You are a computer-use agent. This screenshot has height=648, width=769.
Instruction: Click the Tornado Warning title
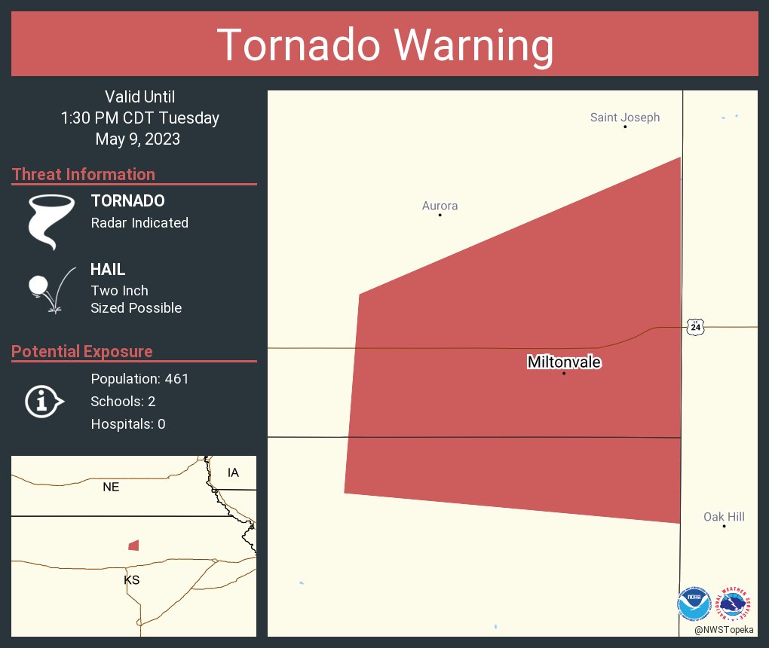coord(384,45)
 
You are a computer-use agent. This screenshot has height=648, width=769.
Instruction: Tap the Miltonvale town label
coord(564,362)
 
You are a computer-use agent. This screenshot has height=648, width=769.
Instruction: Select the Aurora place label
coord(440,206)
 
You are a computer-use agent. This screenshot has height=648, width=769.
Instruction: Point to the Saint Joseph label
coord(624,118)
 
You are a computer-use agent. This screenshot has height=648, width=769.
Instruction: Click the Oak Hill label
coord(724,517)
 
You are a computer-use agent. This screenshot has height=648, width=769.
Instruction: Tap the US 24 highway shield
coord(695,326)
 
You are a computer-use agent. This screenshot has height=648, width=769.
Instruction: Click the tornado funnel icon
coord(51,222)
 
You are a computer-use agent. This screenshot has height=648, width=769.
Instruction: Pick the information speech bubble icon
coord(44,401)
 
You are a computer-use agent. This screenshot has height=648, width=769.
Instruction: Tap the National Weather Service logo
coord(735,604)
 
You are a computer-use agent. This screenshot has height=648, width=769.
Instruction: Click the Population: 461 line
coord(139,379)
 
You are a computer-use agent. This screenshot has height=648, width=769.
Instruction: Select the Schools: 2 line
coord(123,402)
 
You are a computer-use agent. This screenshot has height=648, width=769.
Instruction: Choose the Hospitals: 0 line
coord(128,424)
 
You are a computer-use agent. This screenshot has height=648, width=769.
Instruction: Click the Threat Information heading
coord(84,175)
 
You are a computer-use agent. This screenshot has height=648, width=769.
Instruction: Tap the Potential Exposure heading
coord(82,352)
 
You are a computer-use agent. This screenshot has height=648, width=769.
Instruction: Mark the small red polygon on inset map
coord(133,545)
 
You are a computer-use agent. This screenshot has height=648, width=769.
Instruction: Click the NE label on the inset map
coord(111,488)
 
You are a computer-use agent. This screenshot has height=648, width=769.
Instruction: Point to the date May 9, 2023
coord(138,139)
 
